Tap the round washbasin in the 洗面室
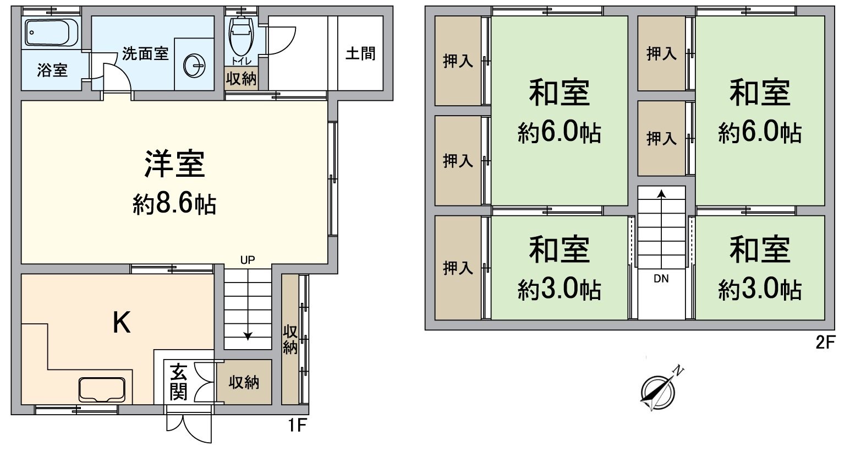[194, 66]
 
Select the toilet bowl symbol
[241, 36]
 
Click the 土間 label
[360, 53]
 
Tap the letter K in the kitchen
[122, 322]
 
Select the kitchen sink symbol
[102, 389]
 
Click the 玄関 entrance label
[178, 382]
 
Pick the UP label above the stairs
[248, 260]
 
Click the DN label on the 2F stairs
[661, 279]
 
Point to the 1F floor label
[297, 425]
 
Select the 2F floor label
[825, 343]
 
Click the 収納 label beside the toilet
[242, 79]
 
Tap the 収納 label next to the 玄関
[244, 382]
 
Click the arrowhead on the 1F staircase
[248, 336]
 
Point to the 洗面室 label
[145, 53]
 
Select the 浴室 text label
[52, 70]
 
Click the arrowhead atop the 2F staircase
[661, 193]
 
